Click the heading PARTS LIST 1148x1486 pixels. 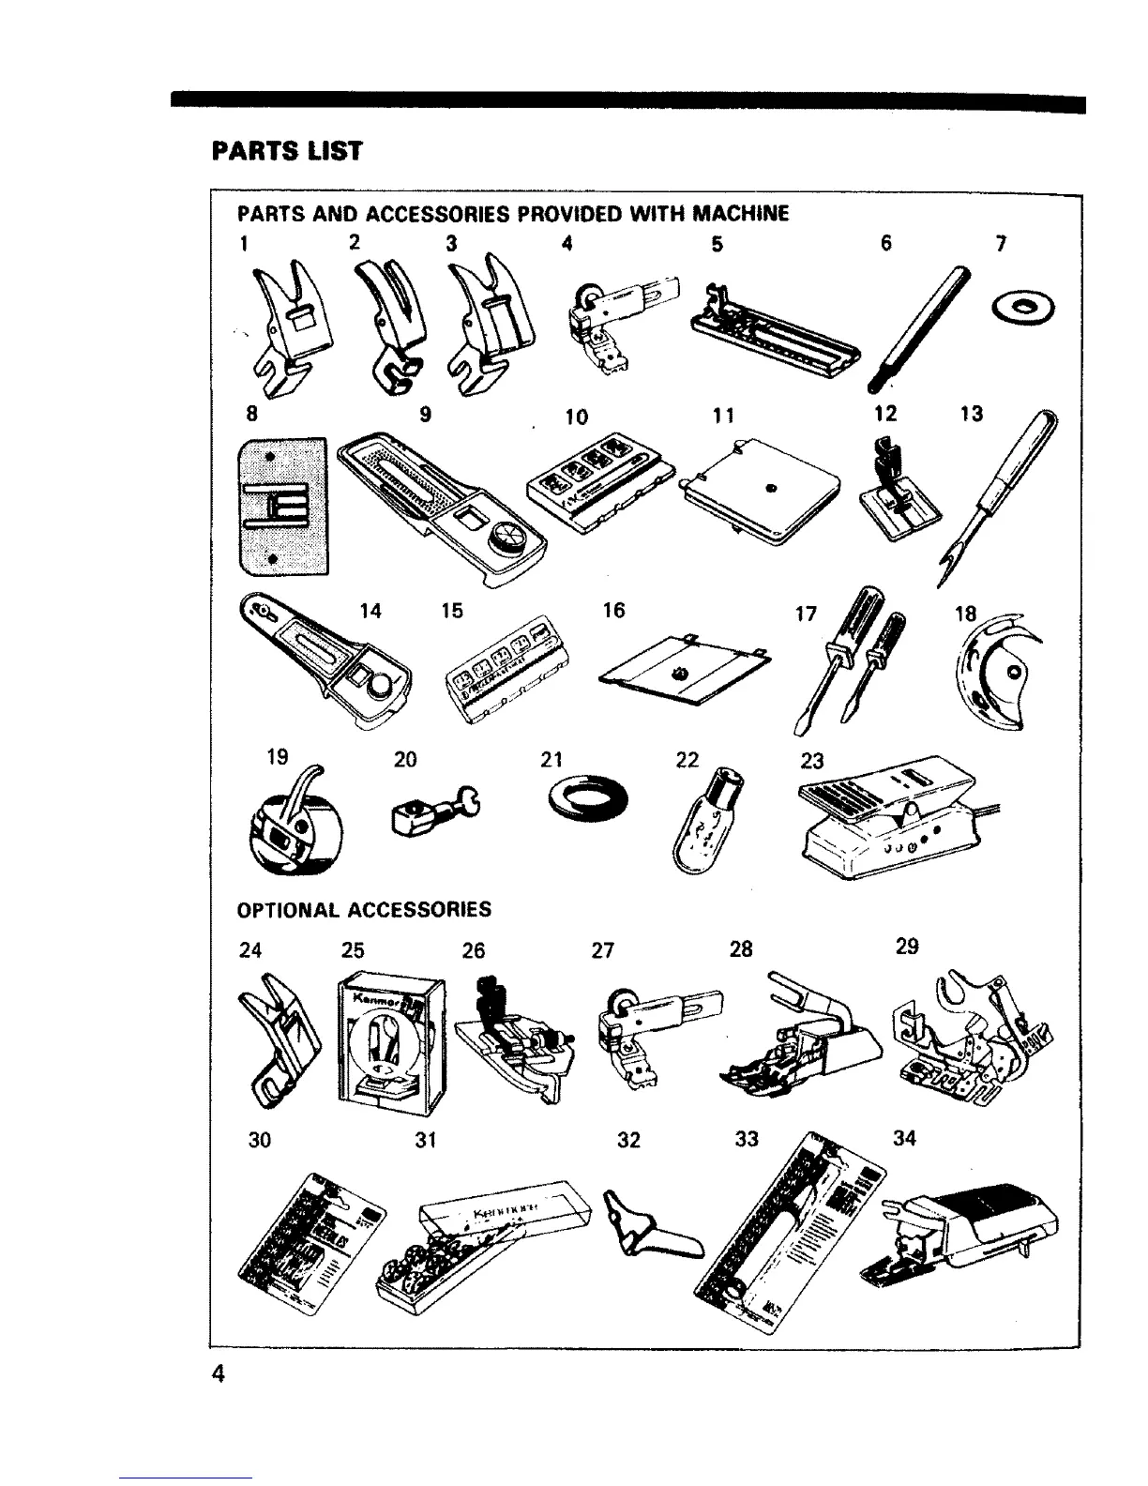pos(287,150)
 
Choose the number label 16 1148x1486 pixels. pos(613,611)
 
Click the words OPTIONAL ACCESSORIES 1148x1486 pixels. pos(364,909)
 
